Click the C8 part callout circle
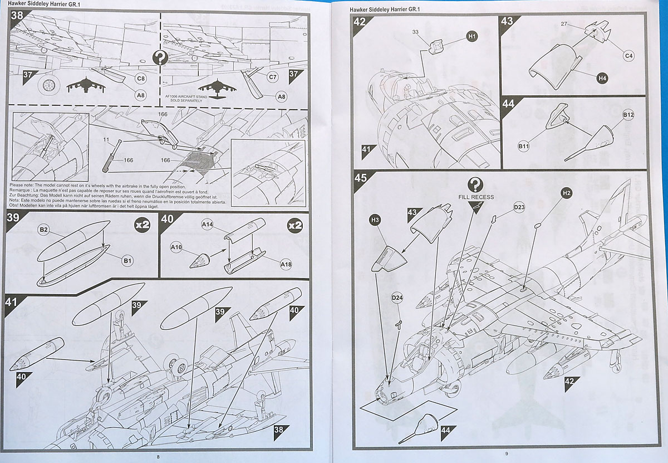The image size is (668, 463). click(x=141, y=79)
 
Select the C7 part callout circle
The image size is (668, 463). click(x=273, y=77)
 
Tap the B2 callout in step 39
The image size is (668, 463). click(x=44, y=230)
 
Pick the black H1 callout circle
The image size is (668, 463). click(x=472, y=36)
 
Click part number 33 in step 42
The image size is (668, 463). click(x=415, y=33)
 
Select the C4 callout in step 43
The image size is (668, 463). click(x=629, y=56)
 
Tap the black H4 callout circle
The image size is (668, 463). click(x=602, y=79)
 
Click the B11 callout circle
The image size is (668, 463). click(x=524, y=147)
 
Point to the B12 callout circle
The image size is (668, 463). click(x=628, y=115)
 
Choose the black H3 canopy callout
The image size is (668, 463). click(x=375, y=221)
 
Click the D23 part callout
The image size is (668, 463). click(x=519, y=207)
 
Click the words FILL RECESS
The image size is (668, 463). click(x=475, y=197)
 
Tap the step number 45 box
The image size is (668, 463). click(x=361, y=178)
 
